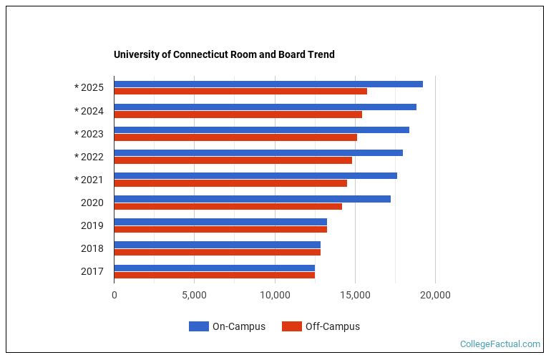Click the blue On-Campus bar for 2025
(268, 84)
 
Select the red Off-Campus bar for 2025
(240, 92)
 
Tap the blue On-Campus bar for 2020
(252, 199)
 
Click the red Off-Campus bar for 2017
(214, 276)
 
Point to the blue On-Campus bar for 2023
(261, 130)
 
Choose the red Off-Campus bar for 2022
(233, 160)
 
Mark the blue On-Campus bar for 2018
(217, 245)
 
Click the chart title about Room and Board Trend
(224, 54)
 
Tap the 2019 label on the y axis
(92, 225)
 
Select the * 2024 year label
(89, 111)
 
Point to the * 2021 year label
(89, 180)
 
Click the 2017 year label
(92, 271)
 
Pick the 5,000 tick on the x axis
(194, 295)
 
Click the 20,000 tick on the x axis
(435, 295)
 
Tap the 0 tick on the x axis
(114, 295)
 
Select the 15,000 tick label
(355, 295)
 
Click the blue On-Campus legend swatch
(199, 326)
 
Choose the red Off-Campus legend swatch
(292, 326)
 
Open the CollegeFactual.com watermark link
(500, 344)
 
